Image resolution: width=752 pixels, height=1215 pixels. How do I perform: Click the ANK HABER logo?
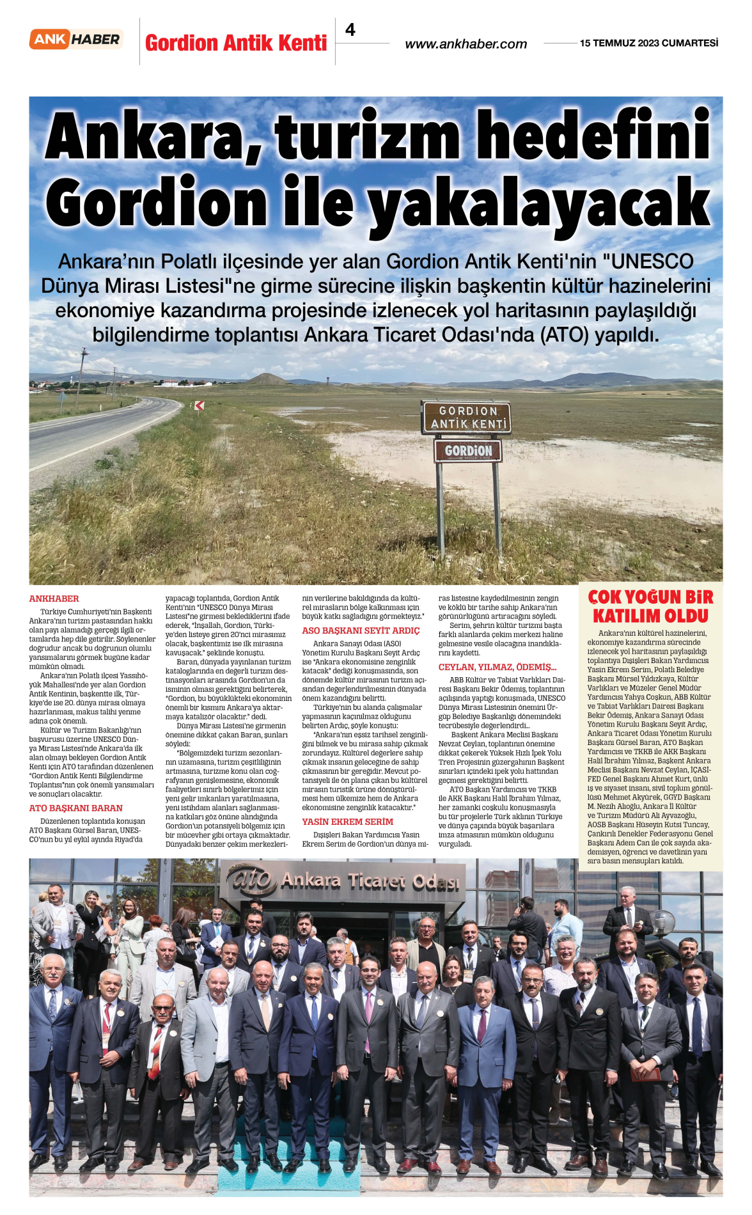tap(76, 40)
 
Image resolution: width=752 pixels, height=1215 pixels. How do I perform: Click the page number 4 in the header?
tap(350, 29)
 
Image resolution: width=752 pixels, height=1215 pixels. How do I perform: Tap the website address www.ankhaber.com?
tap(466, 44)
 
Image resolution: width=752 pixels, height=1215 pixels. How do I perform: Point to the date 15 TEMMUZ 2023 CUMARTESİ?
tap(648, 43)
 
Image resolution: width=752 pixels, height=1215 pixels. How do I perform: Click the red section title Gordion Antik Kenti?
tap(236, 43)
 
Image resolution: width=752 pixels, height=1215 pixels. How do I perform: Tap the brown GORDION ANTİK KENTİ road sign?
tap(467, 417)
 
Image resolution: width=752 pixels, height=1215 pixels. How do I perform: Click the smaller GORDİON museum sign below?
tap(468, 451)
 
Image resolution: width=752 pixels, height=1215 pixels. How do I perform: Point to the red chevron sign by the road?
tap(200, 405)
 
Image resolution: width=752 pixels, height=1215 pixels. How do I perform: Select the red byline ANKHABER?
tap(54, 599)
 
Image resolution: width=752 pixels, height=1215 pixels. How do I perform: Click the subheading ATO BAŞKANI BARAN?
tap(75, 808)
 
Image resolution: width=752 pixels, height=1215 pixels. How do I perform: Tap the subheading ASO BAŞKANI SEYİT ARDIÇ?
tap(361, 631)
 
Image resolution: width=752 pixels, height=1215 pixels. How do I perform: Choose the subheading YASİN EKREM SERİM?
tap(347, 822)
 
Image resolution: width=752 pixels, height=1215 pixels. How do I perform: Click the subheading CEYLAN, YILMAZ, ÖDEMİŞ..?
tap(497, 667)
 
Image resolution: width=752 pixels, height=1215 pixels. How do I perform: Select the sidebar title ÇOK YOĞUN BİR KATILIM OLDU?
tap(650, 606)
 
